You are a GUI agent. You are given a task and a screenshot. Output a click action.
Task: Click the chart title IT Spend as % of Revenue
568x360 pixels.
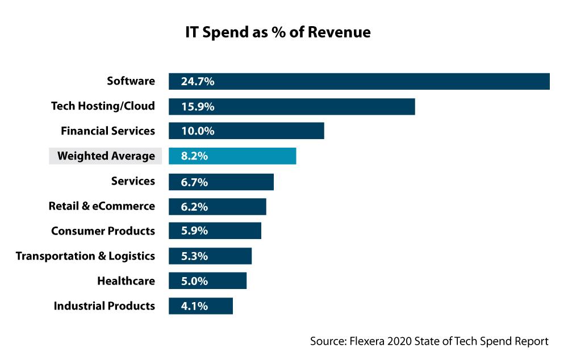coord(278,32)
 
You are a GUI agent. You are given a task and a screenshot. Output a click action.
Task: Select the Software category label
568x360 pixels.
coord(131,81)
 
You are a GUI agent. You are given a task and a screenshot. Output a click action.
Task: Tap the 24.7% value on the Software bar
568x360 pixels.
coord(197,82)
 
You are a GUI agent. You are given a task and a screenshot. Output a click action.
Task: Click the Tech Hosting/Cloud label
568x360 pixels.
coord(103,106)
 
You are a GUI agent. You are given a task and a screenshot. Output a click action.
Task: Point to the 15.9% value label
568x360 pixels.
coord(197,107)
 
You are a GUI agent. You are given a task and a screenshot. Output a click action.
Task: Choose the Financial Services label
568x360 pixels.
coord(108,131)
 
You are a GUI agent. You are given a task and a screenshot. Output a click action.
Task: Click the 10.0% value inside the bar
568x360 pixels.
coord(197,132)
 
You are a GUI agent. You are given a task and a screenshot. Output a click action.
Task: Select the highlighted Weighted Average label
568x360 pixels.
coord(106,156)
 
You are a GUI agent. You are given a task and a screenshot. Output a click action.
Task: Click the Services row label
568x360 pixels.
coord(133,181)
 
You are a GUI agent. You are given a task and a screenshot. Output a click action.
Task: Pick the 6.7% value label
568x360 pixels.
coord(194,182)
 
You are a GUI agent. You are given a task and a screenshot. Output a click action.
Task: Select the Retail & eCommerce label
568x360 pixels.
coord(102,206)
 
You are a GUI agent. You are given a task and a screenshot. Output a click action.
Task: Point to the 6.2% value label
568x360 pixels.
coord(194,207)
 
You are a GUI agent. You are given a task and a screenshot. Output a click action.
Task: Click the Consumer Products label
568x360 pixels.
coord(103,231)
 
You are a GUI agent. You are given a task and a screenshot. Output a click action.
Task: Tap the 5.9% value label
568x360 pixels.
coord(194,231)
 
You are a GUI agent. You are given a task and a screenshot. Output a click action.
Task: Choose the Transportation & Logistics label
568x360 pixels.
coord(85,256)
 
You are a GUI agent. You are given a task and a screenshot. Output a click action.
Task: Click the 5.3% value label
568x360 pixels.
coord(194,256)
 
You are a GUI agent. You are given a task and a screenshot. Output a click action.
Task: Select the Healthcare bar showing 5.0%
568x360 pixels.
coord(207,281)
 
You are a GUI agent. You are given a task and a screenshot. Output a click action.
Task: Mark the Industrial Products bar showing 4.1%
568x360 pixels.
coord(201,305)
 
